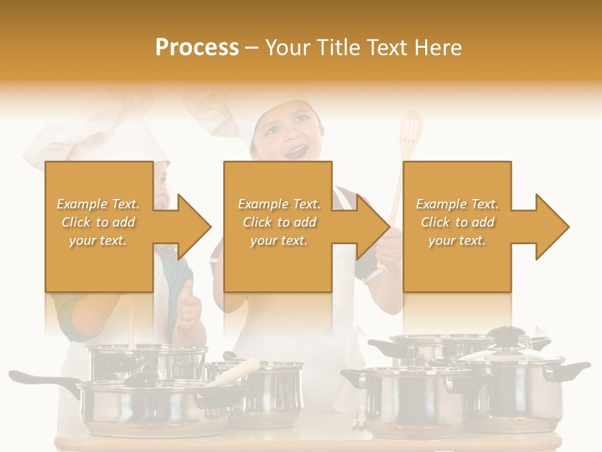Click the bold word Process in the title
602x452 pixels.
tap(197, 48)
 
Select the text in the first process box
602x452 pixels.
tap(98, 222)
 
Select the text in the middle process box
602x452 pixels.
tap(279, 222)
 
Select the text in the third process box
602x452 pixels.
tap(457, 222)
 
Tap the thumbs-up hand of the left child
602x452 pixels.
tap(189, 308)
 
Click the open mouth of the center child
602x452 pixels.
tap(297, 151)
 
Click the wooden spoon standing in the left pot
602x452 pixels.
tap(132, 320)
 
